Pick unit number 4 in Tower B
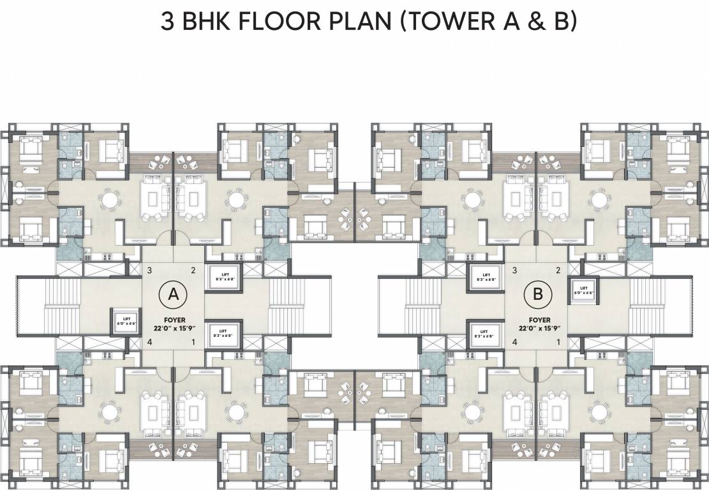(x=514, y=343)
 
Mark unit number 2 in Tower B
(x=558, y=270)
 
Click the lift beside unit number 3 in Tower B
(x=486, y=276)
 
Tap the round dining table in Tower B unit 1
(x=598, y=413)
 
